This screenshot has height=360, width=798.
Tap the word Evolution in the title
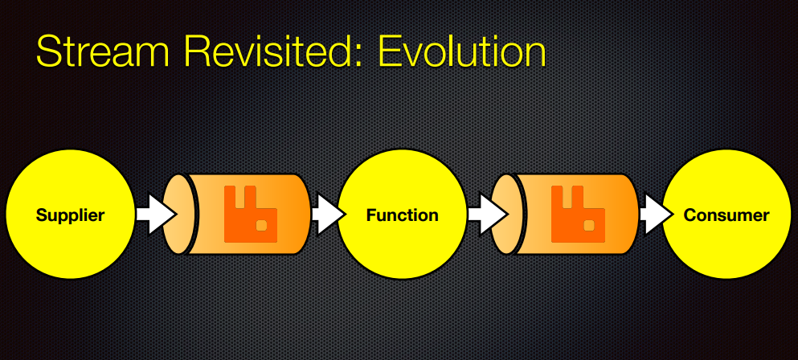pos(462,51)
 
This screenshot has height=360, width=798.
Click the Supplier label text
pos(70,215)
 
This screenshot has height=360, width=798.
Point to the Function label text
pos(402,215)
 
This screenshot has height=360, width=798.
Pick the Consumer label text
pos(726,215)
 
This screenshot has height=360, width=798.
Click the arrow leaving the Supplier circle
pos(156,215)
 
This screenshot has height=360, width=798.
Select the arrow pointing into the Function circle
pos(329,215)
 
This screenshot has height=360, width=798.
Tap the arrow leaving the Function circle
pos(487,215)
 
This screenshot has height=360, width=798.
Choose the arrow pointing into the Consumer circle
pos(657,215)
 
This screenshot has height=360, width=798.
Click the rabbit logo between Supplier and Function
pos(251,214)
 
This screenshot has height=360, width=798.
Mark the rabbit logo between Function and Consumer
pos(578,214)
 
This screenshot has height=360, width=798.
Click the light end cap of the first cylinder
pos(180,215)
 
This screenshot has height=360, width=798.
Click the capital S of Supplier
pos(41,215)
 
